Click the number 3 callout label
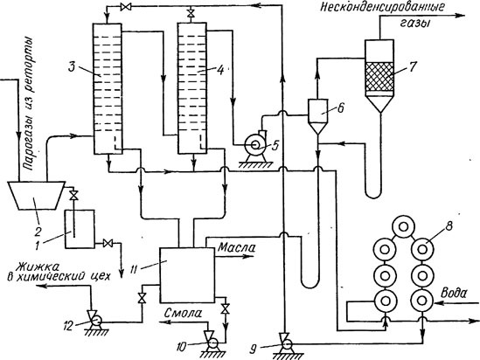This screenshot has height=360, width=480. (72, 66)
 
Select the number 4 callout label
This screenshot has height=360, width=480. (220, 70)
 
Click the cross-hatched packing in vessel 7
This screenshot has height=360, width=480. (379, 77)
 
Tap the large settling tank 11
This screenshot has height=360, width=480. (187, 274)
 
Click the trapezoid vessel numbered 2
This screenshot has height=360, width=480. (36, 196)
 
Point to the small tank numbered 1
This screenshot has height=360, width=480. (80, 229)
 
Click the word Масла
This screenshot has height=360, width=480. (236, 248)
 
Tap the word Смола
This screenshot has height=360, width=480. (183, 313)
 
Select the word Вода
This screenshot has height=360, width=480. (454, 294)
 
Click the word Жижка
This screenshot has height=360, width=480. (38, 267)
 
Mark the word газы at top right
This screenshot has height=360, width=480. (414, 24)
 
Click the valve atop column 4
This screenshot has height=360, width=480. (191, 14)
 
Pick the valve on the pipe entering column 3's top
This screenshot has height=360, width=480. (126, 7)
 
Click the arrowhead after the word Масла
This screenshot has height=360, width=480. (247, 257)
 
